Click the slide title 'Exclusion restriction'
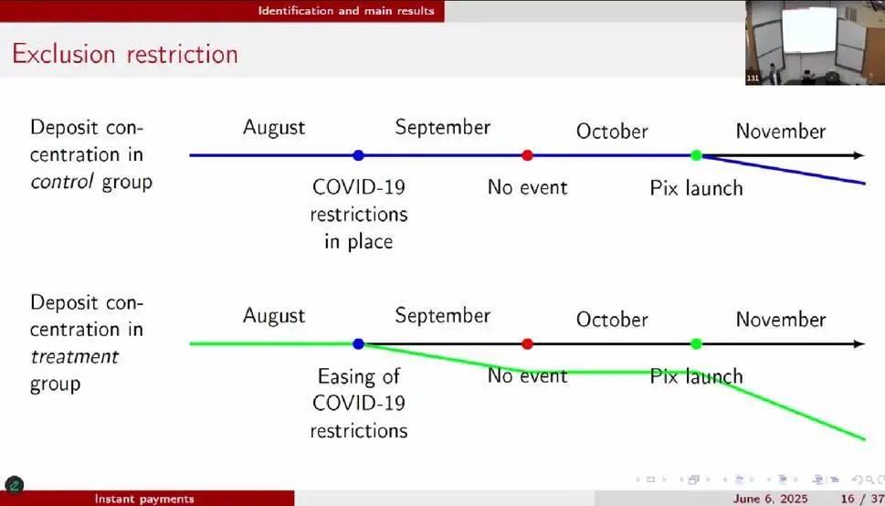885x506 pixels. tap(125, 54)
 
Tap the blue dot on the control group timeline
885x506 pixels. tap(358, 155)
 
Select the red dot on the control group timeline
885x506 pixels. tap(527, 155)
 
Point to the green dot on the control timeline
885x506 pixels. tap(697, 155)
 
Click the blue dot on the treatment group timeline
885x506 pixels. tap(358, 344)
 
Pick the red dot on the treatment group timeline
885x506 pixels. tap(527, 344)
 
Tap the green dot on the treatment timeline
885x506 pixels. tap(697, 344)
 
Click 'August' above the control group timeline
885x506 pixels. tap(274, 128)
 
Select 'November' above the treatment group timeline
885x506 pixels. tap(781, 320)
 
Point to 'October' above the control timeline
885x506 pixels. tap(612, 132)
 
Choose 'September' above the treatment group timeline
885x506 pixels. tap(442, 316)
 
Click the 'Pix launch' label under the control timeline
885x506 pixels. tap(697, 188)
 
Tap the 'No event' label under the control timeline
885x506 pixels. tap(528, 187)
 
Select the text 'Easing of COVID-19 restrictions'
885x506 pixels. tap(359, 403)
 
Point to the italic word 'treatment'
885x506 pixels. tap(75, 357)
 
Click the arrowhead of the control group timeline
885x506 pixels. tap(859, 155)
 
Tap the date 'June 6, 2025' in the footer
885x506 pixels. tap(770, 499)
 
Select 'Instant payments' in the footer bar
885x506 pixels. tap(144, 499)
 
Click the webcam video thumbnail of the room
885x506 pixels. tap(815, 42)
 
